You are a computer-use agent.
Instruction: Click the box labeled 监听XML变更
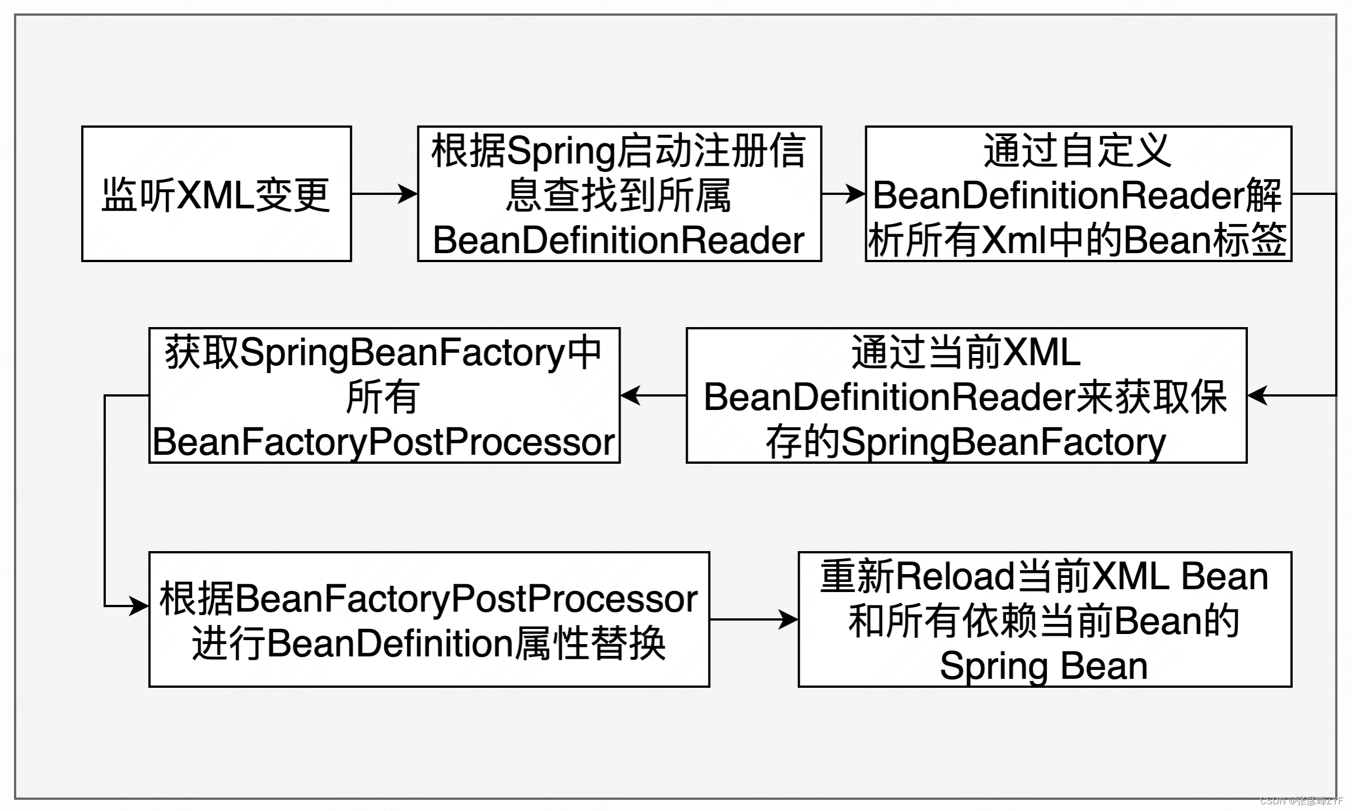point(216,194)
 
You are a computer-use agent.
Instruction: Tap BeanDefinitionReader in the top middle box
point(619,240)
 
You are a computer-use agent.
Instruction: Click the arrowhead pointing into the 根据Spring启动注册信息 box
point(408,194)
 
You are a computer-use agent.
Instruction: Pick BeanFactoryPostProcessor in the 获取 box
point(384,442)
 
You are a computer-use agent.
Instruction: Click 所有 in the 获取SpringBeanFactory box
point(383,397)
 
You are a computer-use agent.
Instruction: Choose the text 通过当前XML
point(966,352)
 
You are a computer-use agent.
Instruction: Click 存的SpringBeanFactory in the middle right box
point(966,442)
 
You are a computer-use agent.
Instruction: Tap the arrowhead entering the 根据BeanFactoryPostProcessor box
point(138,606)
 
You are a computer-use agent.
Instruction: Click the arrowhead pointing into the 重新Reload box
point(788,619)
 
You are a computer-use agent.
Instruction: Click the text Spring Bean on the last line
point(1044,666)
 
